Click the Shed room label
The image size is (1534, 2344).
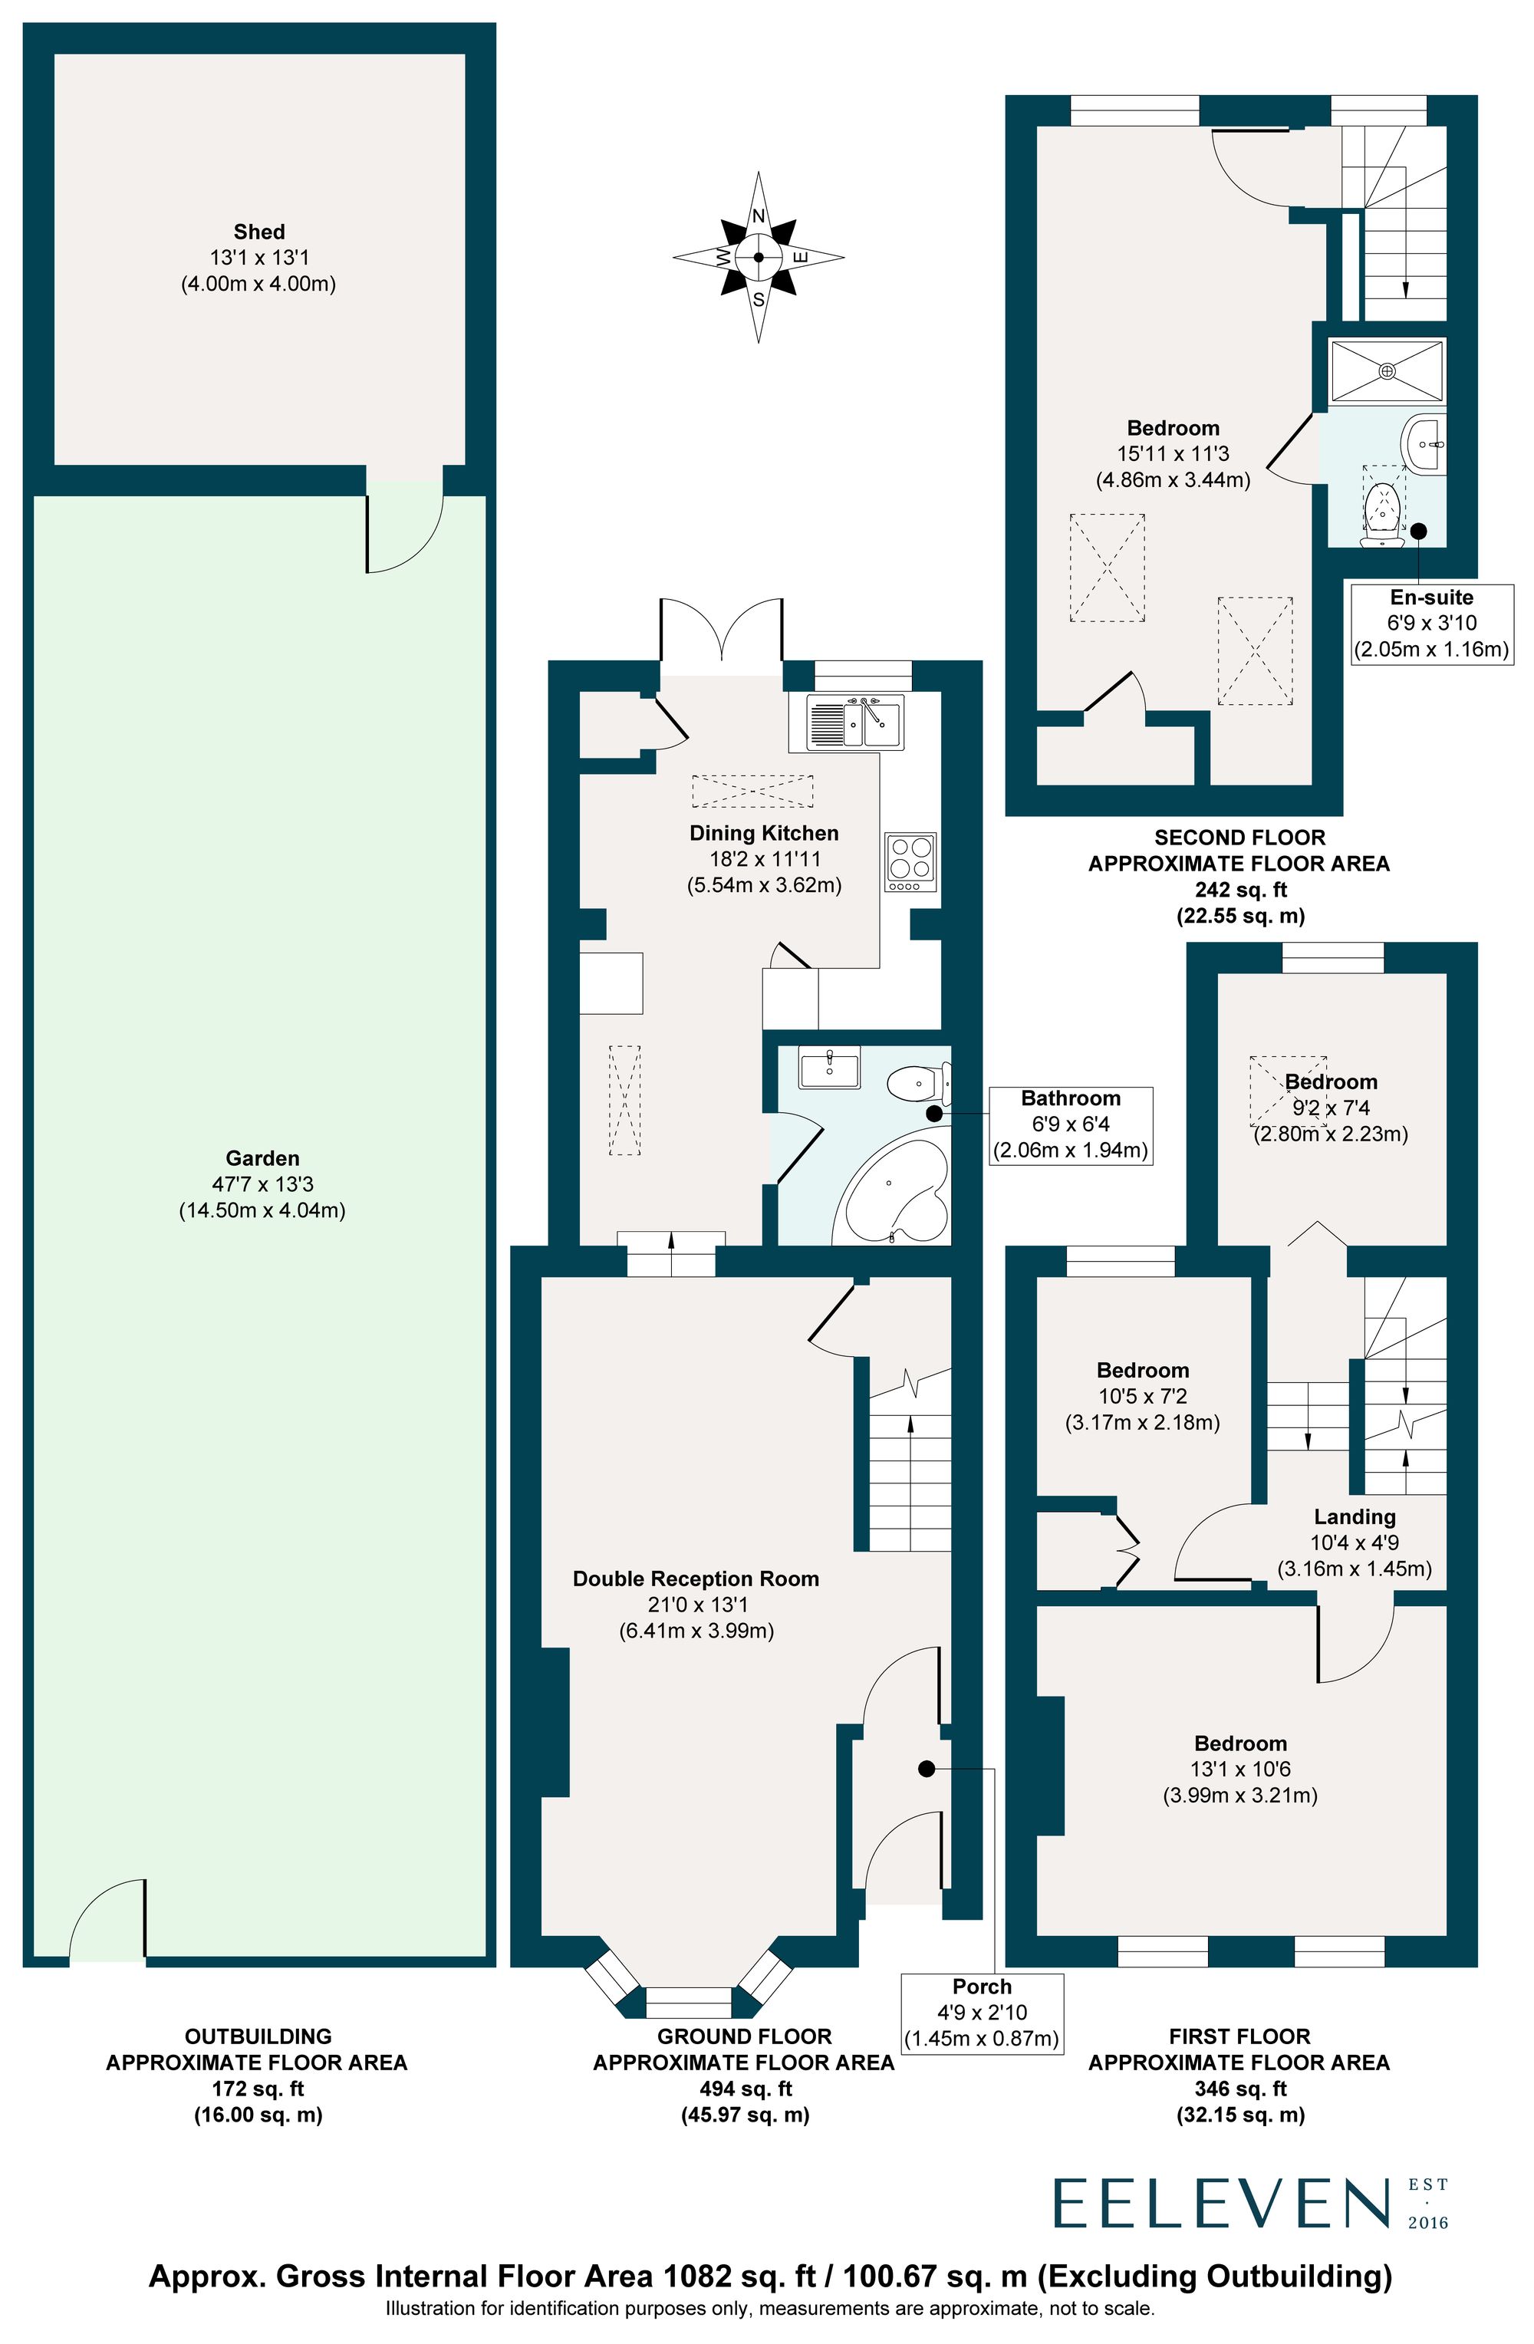pos(259,232)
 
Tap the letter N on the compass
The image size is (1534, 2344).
pos(758,216)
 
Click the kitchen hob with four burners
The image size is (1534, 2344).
pos(910,858)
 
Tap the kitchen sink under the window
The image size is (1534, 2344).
pos(854,723)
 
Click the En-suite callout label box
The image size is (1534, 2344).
pos(1430,623)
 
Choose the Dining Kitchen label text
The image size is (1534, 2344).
pos(763,833)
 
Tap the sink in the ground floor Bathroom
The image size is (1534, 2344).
pos(829,1068)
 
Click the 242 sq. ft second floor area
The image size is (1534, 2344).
pos(1239,889)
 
